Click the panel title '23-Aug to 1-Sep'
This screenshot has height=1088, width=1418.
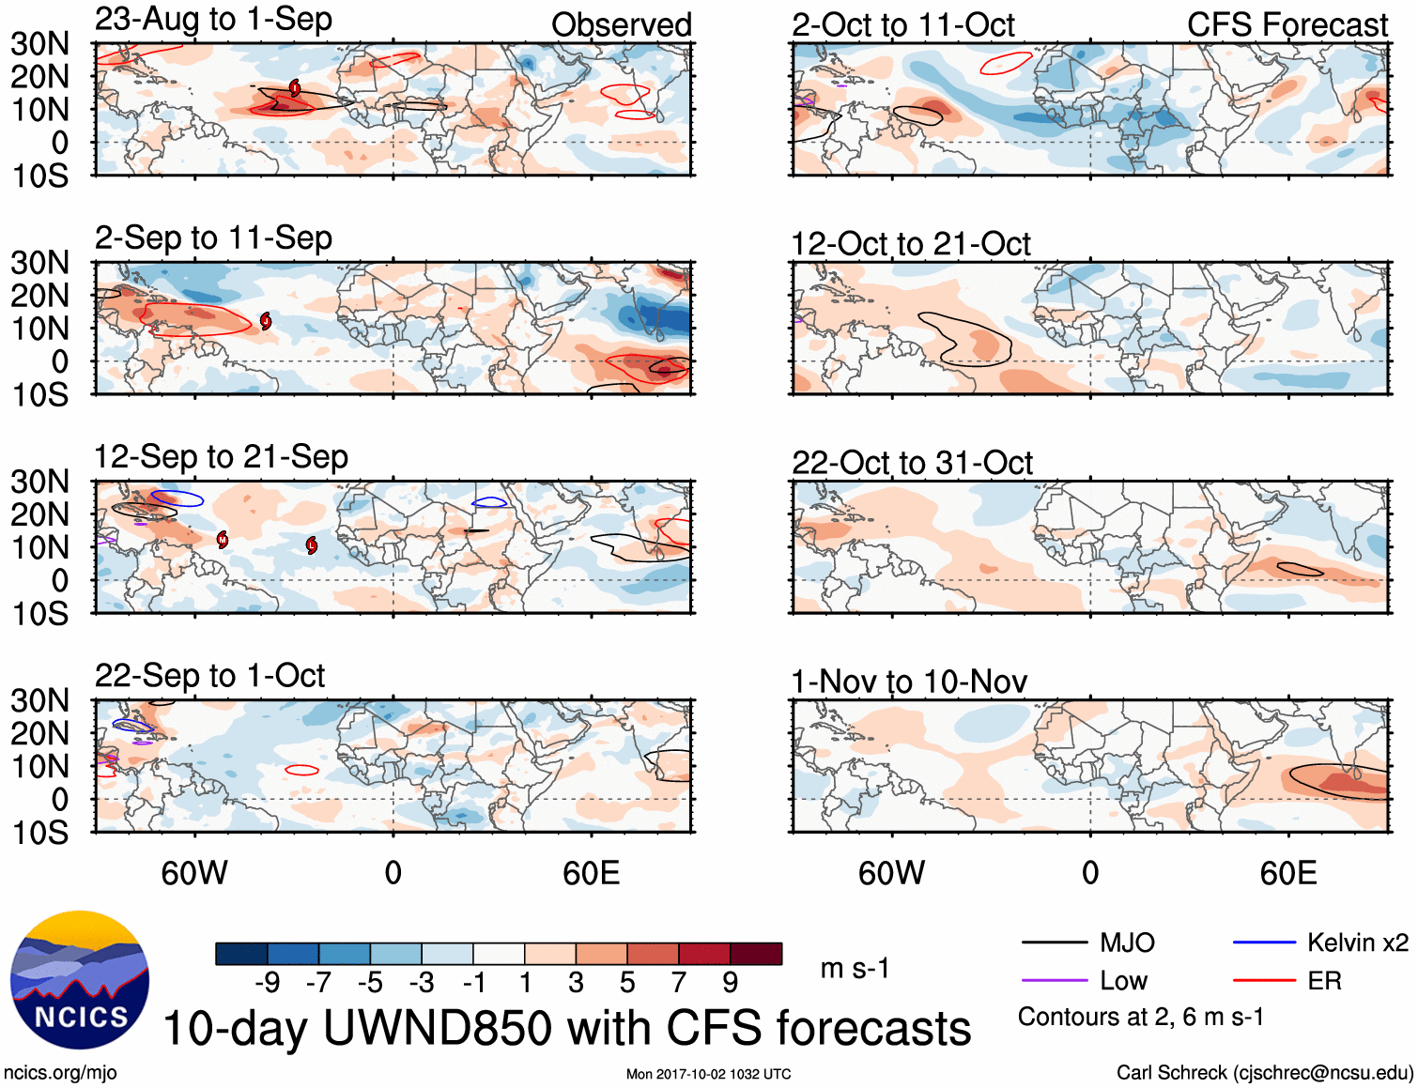(213, 20)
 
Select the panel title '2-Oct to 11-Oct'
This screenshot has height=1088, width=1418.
(902, 25)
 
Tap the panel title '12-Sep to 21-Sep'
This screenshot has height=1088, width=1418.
(221, 457)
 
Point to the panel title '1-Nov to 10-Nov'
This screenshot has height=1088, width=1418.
(909, 682)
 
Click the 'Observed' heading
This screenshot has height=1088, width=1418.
(621, 25)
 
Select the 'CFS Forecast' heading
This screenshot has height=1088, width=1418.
(1287, 25)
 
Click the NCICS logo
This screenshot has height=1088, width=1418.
(80, 980)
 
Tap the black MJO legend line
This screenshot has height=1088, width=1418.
(1054, 942)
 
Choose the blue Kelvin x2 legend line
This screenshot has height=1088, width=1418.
(1264, 942)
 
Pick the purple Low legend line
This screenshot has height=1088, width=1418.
(1054, 981)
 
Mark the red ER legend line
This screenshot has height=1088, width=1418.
(1264, 981)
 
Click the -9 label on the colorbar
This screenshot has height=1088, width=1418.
(267, 983)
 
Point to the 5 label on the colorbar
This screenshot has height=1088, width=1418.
(627, 983)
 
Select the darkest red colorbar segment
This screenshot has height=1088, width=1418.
(756, 954)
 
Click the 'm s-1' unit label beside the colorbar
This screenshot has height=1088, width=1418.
(855, 968)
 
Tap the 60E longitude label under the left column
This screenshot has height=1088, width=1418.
(591, 874)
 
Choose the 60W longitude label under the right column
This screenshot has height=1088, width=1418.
(891, 874)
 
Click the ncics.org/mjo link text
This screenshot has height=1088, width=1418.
(60, 1072)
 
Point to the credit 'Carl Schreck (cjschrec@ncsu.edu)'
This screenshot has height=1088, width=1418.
(1264, 1072)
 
